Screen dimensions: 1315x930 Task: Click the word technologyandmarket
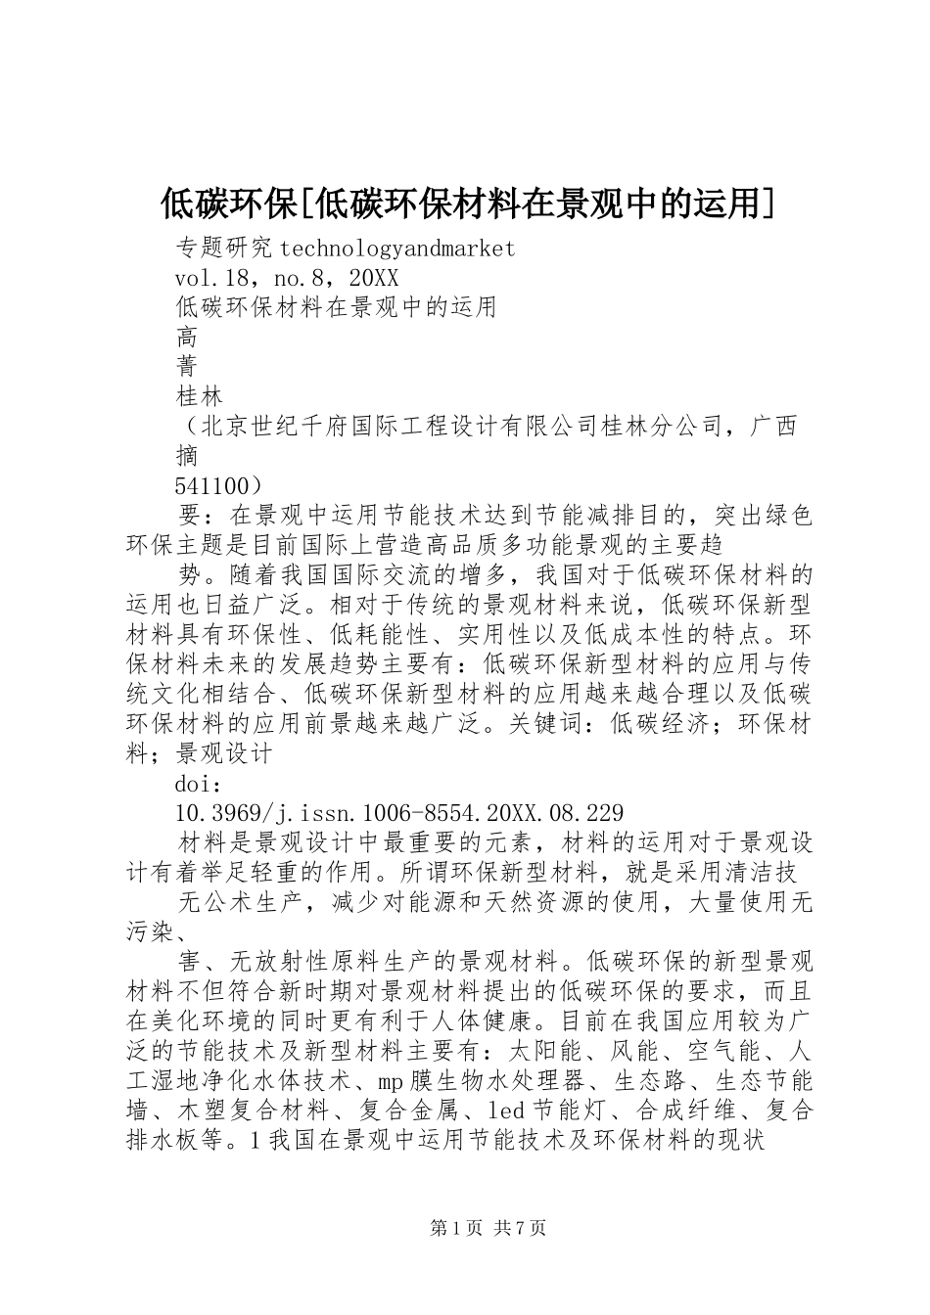pos(391,249)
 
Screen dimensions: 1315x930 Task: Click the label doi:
pos(199,784)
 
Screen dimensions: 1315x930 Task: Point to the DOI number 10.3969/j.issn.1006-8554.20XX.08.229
pos(398,813)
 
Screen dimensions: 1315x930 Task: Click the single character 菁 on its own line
pos(186,366)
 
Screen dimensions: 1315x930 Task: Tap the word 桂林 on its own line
pos(199,395)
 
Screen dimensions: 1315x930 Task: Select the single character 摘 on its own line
pos(186,455)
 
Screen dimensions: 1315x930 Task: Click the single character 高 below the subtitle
pos(186,337)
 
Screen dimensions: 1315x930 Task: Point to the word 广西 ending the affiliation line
pos(774,426)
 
